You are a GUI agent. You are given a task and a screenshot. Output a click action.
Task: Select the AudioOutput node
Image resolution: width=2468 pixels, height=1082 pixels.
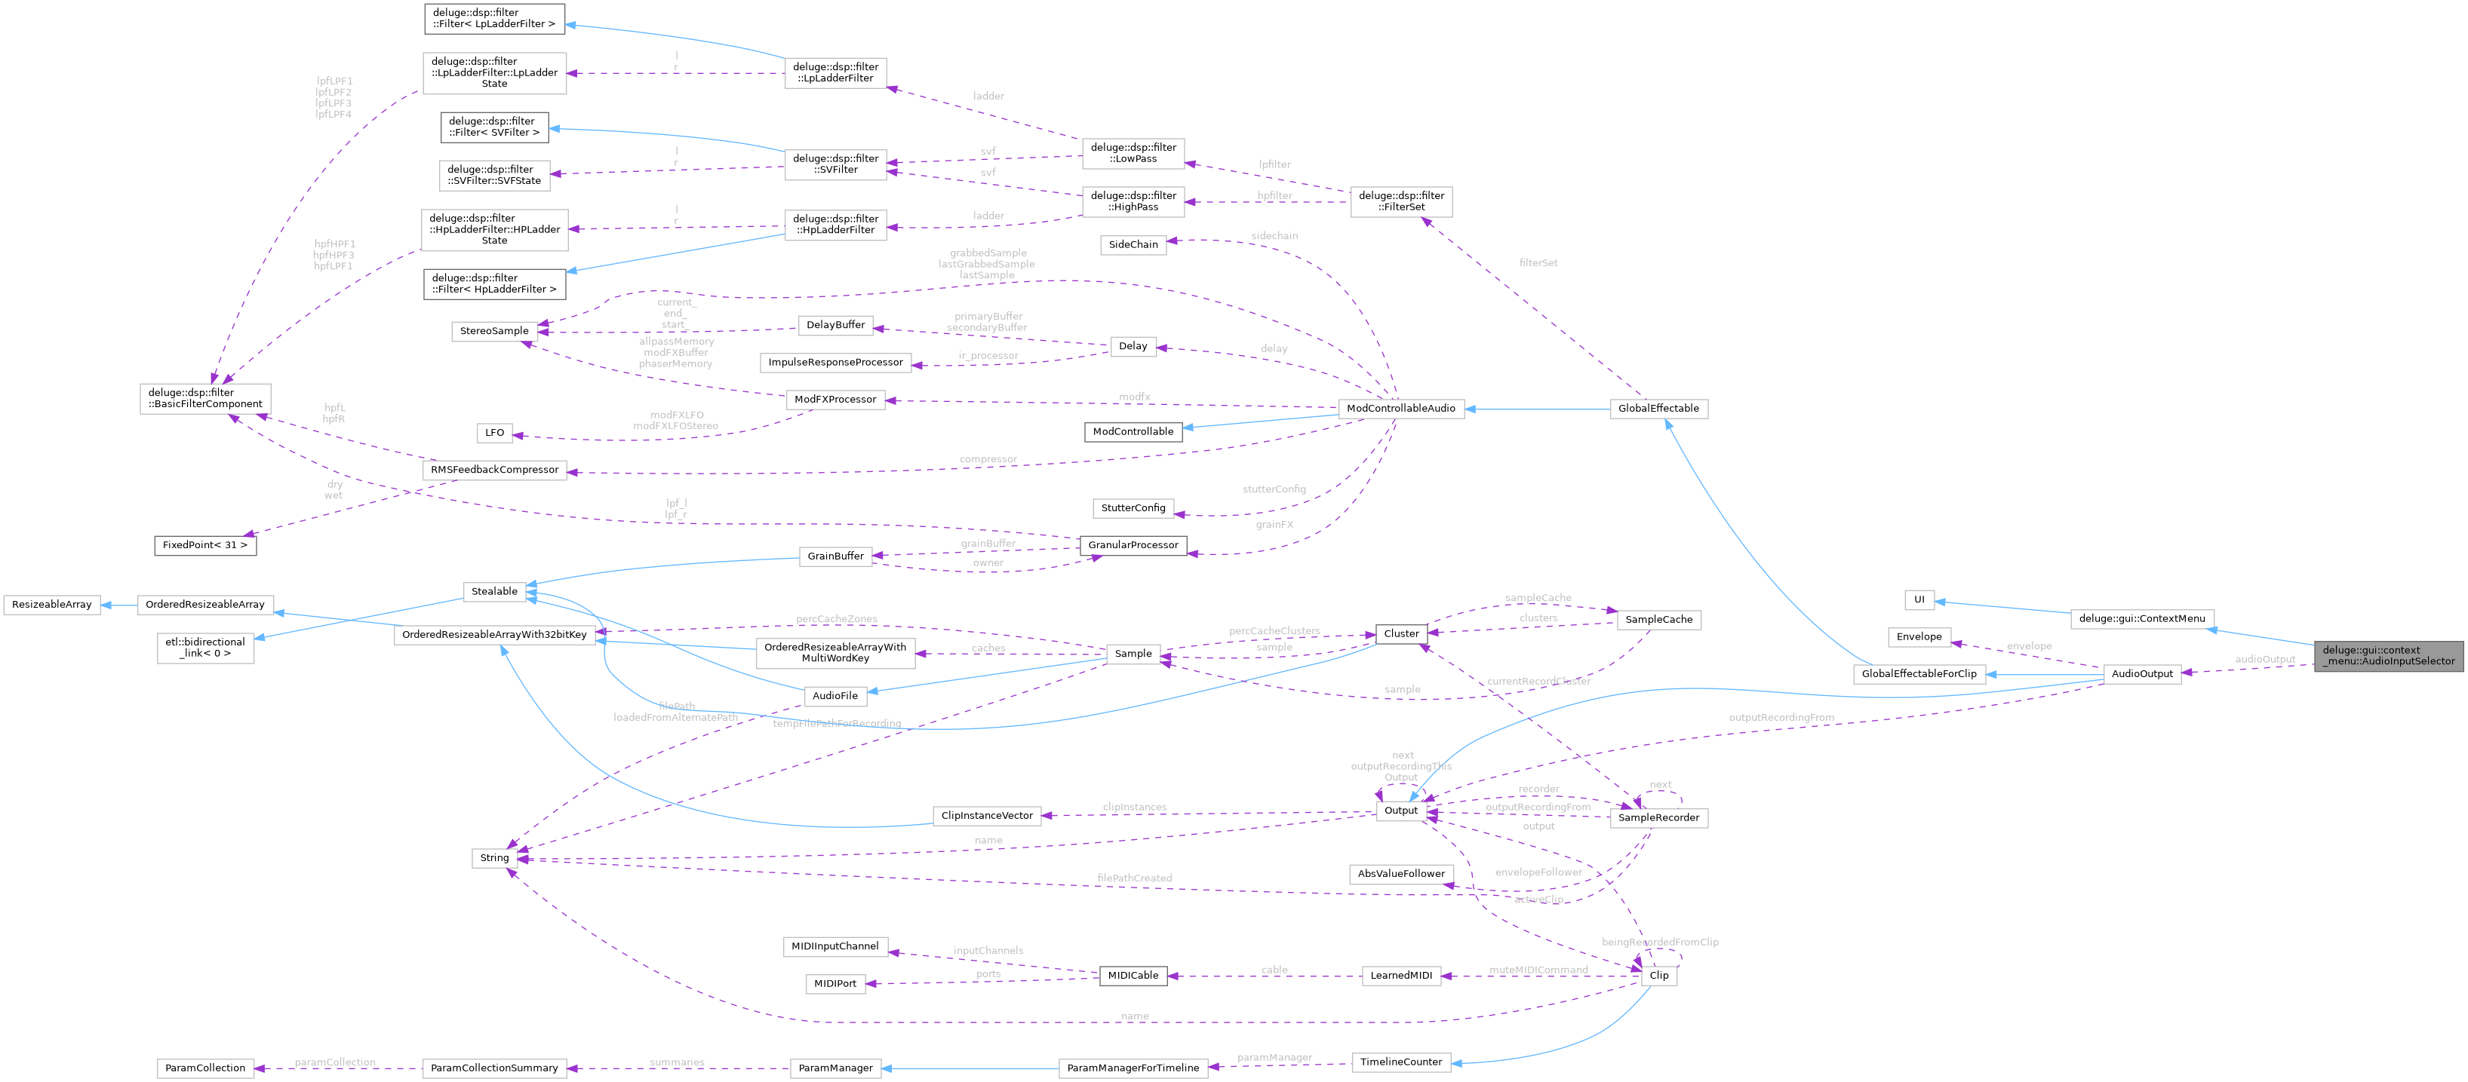pyautogui.click(x=2141, y=673)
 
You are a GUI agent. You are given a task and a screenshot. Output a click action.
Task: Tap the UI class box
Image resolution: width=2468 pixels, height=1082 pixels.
pyautogui.click(x=1918, y=600)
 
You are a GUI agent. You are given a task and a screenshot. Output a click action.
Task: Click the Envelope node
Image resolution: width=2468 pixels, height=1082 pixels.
pyautogui.click(x=1918, y=636)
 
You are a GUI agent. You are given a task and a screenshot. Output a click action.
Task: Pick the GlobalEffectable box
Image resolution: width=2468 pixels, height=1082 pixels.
pyautogui.click(x=1658, y=408)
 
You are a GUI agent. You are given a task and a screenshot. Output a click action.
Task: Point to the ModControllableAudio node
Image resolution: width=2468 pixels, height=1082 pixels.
pyautogui.click(x=1400, y=408)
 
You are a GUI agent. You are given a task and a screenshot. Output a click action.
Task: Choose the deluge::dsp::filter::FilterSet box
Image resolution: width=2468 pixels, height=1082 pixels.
pyautogui.click(x=1400, y=201)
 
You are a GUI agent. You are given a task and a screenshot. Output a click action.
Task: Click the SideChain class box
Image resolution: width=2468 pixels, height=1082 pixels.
pyautogui.click(x=1133, y=244)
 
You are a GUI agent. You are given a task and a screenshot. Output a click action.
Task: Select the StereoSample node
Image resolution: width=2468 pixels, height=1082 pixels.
pyautogui.click(x=493, y=331)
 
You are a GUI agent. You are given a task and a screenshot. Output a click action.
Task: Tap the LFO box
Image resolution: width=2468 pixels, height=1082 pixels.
pyautogui.click(x=493, y=433)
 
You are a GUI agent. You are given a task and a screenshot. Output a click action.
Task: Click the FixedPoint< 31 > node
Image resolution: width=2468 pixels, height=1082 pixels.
pyautogui.click(x=205, y=545)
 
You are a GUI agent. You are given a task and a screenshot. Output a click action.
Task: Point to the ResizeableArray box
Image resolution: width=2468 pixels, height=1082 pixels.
pyautogui.click(x=52, y=605)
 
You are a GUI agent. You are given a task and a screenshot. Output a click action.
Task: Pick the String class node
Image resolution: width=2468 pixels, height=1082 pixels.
pyautogui.click(x=493, y=858)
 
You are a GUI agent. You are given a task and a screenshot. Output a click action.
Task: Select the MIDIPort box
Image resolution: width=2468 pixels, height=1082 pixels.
pyautogui.click(x=834, y=983)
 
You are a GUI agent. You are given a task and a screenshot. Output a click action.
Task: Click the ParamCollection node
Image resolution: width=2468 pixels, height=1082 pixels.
pyautogui.click(x=205, y=1068)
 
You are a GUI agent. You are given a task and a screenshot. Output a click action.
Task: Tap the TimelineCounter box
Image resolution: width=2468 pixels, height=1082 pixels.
pyautogui.click(x=1400, y=1062)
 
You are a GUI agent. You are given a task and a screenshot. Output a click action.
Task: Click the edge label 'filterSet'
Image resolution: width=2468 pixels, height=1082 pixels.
pyautogui.click(x=1538, y=262)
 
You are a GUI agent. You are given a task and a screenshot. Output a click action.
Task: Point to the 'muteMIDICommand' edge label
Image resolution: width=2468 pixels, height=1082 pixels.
pyautogui.click(x=1538, y=970)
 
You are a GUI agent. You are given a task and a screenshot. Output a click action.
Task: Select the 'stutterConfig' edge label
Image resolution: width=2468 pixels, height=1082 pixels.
pyautogui.click(x=1274, y=489)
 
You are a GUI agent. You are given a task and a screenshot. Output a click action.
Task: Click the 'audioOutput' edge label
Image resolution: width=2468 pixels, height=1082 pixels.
pyautogui.click(x=2265, y=659)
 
